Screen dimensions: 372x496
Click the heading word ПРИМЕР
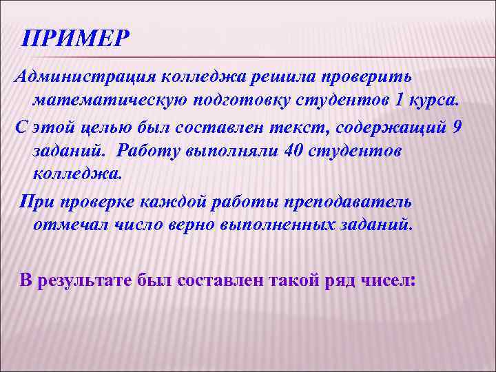74,38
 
